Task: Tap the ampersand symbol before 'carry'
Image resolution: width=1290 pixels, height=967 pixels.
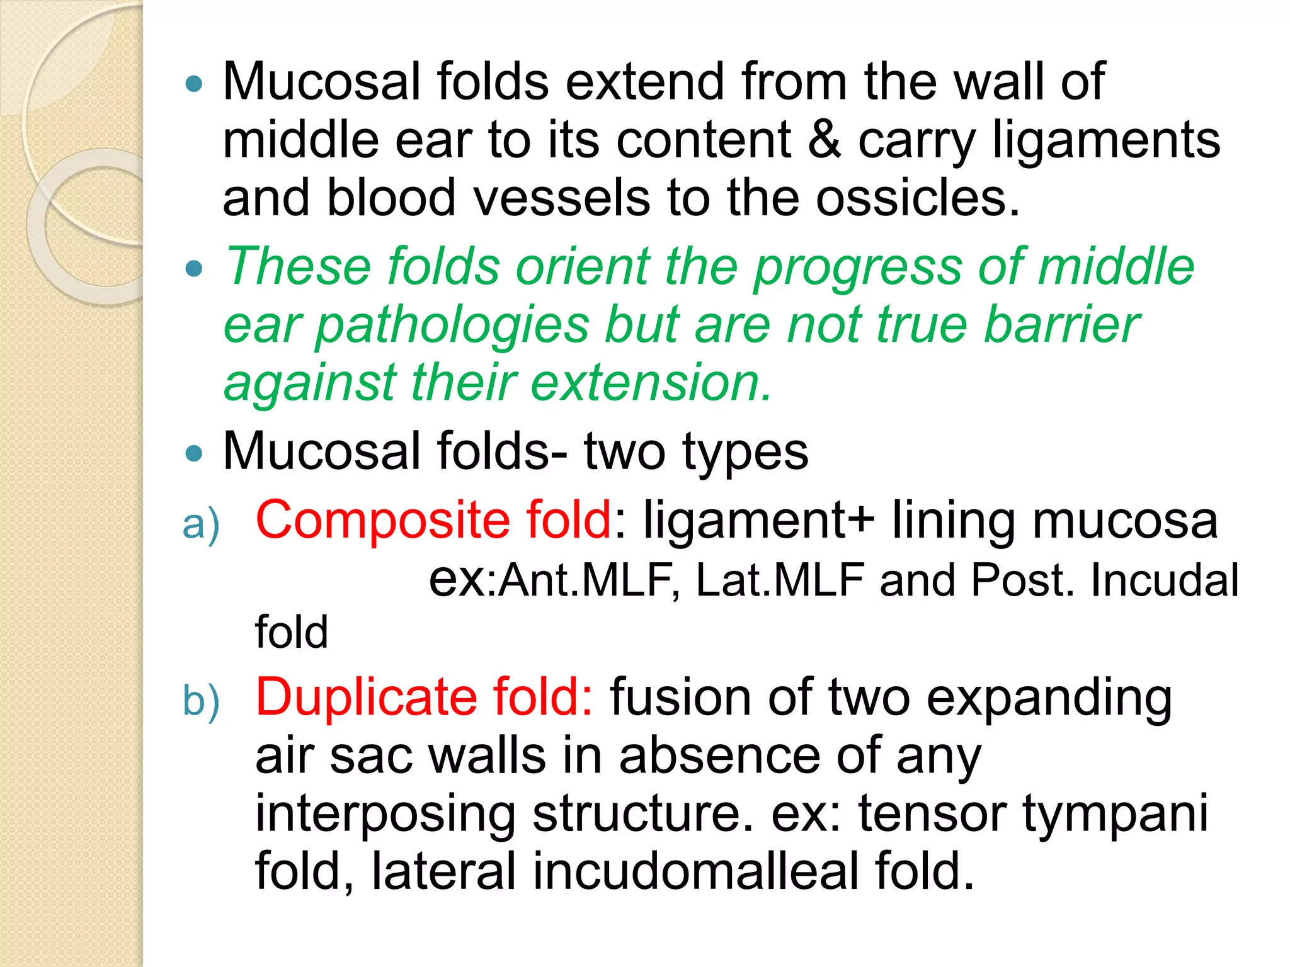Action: tap(825, 140)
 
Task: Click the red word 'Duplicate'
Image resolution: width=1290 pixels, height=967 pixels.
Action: tap(366, 697)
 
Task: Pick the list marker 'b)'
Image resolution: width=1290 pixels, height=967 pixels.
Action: tap(201, 701)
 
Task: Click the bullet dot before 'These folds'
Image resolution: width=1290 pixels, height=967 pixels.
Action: tap(195, 269)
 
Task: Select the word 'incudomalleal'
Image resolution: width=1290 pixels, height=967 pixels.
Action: tap(696, 871)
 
